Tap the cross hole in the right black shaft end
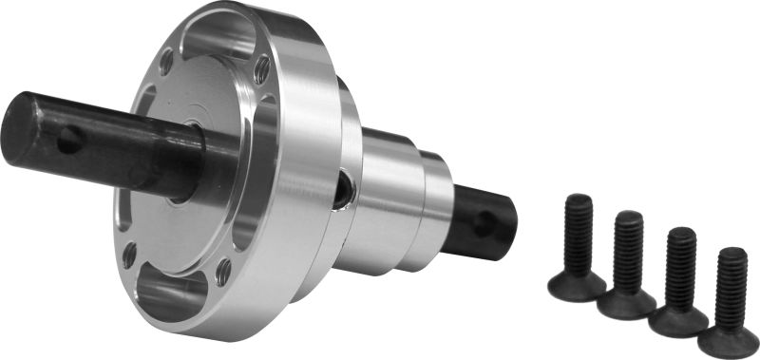tap(485, 224)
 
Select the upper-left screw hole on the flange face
tap(167, 66)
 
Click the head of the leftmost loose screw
tap(576, 284)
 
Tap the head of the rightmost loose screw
tap(728, 341)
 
